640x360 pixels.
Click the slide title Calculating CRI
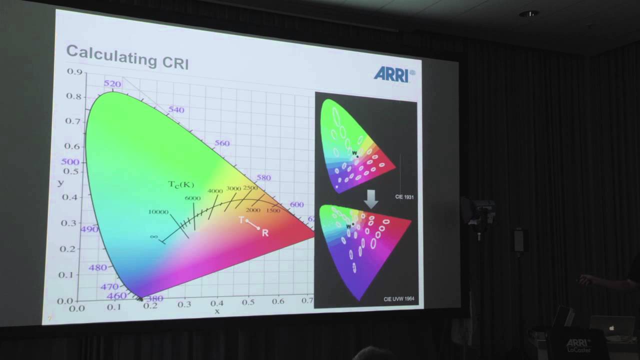pyautogui.click(x=127, y=56)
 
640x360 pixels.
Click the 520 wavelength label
pyautogui.click(x=112, y=84)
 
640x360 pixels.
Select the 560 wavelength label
pyautogui.click(x=222, y=143)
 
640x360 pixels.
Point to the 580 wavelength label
pyautogui.click(x=263, y=178)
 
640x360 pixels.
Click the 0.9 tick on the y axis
pyautogui.click(x=74, y=71)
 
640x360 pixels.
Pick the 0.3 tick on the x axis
pyautogui.click(x=184, y=304)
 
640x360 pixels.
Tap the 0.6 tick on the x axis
pyautogui.click(x=277, y=301)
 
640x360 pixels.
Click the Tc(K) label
pyautogui.click(x=180, y=185)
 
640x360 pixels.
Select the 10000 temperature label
pyautogui.click(x=158, y=212)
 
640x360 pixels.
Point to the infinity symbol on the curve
pyautogui.click(x=153, y=237)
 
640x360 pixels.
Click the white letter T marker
pyautogui.click(x=241, y=220)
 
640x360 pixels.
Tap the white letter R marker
pyautogui.click(x=265, y=233)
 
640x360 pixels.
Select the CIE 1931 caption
pyautogui.click(x=404, y=197)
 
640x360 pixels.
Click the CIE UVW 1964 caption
pyautogui.click(x=398, y=299)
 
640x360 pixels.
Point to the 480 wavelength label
pyautogui.click(x=97, y=267)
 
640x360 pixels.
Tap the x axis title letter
pyautogui.click(x=217, y=311)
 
